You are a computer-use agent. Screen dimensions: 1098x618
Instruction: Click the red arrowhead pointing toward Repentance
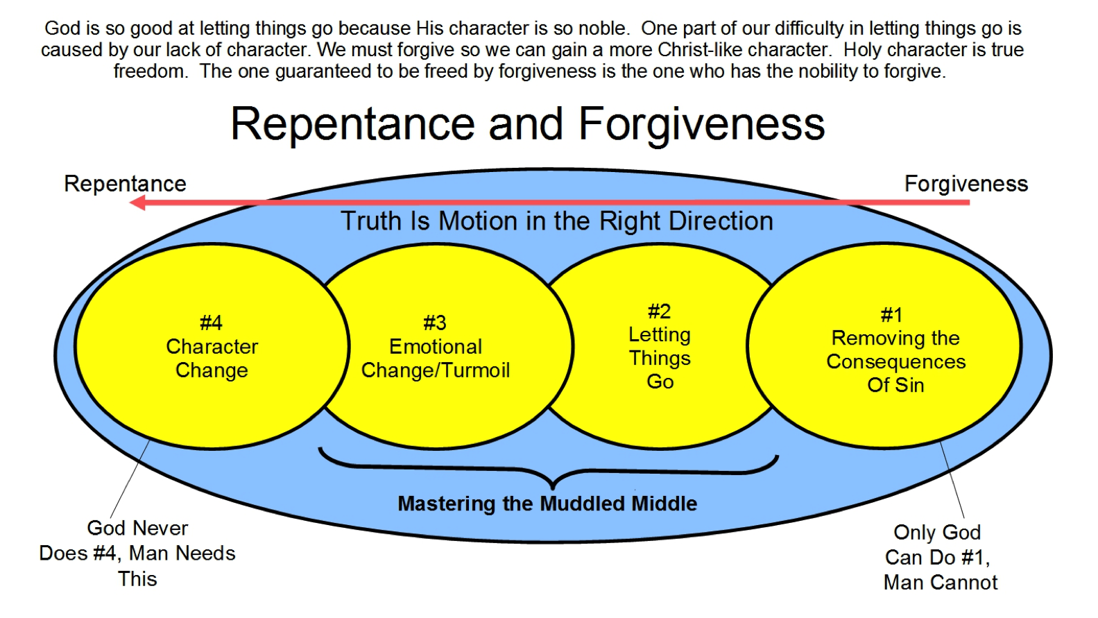(137, 203)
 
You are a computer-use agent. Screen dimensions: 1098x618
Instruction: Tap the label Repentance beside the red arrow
(125, 184)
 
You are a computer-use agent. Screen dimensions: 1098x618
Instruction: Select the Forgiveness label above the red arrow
(966, 184)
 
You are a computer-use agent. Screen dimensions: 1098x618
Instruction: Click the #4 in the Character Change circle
(212, 323)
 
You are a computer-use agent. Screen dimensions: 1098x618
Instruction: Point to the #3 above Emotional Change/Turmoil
(435, 323)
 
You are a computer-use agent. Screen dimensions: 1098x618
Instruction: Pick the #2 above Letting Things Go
(660, 311)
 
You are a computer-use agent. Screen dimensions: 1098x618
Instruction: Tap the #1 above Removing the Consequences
(891, 315)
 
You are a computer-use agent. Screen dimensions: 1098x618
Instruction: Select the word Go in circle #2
(660, 381)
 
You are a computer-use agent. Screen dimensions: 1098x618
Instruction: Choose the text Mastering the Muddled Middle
(547, 504)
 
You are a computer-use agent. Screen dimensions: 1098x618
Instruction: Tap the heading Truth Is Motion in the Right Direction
(557, 221)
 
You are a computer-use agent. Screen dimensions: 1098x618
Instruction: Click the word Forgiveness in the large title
(701, 125)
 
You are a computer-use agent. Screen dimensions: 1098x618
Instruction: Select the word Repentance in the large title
(353, 125)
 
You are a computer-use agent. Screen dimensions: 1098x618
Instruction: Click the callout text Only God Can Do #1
(940, 557)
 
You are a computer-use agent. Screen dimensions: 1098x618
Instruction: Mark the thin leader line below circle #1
(952, 480)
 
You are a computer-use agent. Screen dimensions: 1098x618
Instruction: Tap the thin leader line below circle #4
(130, 478)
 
